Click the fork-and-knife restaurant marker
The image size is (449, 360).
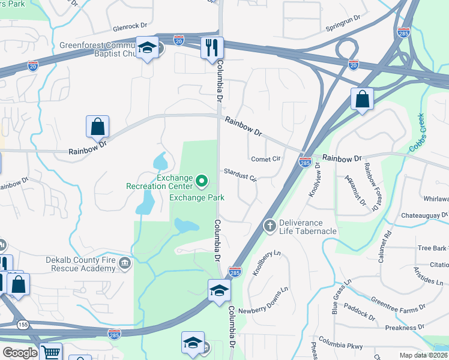(212, 47)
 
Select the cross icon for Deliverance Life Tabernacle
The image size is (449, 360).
(270, 226)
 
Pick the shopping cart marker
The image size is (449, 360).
(50, 353)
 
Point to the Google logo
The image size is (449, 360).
(20, 353)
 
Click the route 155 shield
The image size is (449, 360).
(23, 325)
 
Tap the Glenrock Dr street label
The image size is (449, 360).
(130, 28)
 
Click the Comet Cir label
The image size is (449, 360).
(266, 159)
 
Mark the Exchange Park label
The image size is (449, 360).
(196, 197)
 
